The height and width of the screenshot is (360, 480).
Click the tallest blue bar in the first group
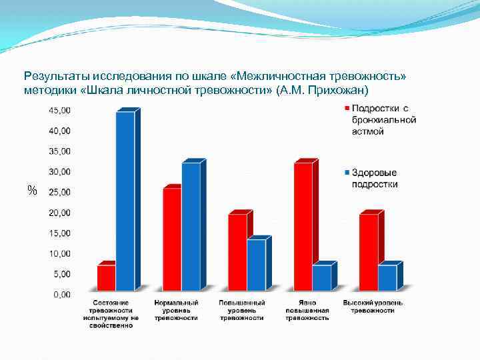point(125,200)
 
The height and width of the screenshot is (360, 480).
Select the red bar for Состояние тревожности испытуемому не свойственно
point(106,277)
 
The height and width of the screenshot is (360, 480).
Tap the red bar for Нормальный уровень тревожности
point(172,239)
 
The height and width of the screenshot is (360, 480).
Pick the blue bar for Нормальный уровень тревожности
point(191,226)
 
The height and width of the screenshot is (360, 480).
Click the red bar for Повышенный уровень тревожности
point(237,252)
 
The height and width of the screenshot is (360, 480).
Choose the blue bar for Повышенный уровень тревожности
point(256,265)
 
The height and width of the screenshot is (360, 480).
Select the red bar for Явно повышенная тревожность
point(303,226)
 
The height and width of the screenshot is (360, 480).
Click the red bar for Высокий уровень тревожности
point(368,252)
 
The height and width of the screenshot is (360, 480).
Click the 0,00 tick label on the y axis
point(61,294)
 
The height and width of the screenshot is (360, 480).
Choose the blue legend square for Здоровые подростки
point(347,173)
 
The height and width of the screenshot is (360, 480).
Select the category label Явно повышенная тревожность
point(307,311)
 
